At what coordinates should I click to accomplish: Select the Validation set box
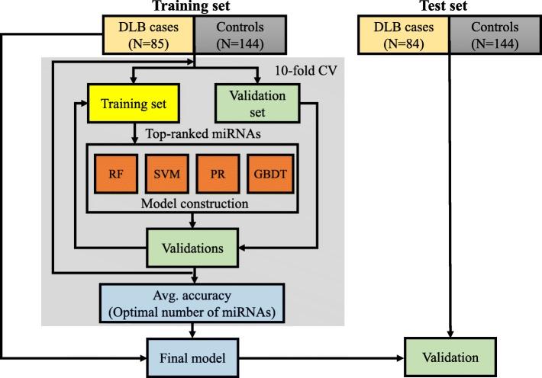click(260, 100)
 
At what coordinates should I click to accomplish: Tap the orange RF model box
click(114, 172)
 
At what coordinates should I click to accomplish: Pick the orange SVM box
click(166, 172)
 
